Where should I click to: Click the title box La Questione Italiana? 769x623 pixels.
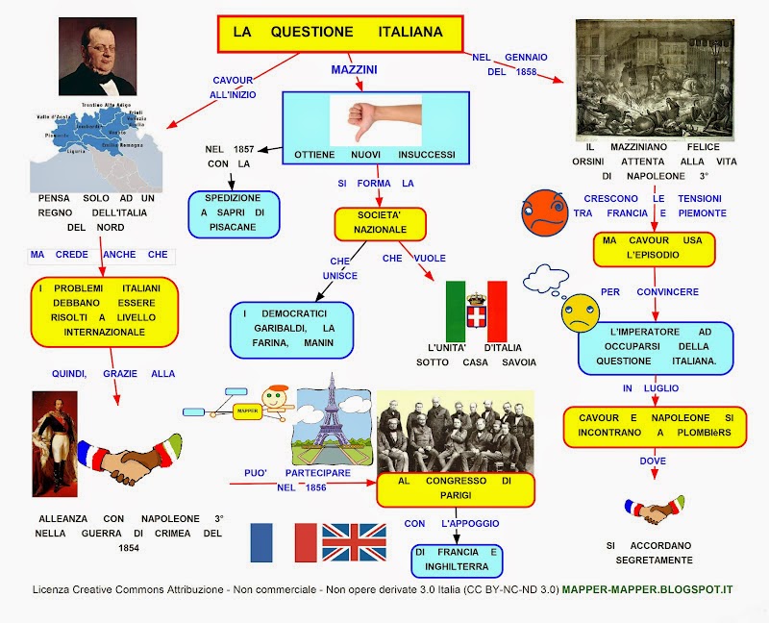[339, 33]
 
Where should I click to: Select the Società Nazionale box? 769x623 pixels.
[379, 223]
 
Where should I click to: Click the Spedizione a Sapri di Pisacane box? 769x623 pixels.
[234, 214]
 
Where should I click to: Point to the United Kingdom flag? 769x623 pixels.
[354, 543]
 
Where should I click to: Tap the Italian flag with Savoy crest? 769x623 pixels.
[476, 311]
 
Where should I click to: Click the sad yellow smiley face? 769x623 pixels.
[581, 312]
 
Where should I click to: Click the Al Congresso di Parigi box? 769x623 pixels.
[454, 488]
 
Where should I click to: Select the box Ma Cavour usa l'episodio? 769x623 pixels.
[654, 248]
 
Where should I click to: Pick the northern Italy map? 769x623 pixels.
[94, 144]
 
